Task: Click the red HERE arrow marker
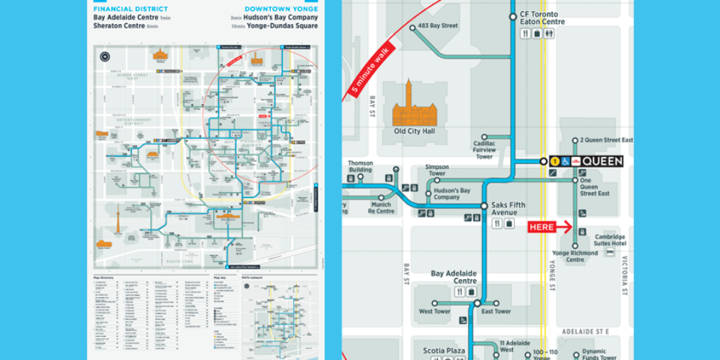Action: (550, 226)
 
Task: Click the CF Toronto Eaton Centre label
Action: (542, 18)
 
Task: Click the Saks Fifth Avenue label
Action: (509, 209)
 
